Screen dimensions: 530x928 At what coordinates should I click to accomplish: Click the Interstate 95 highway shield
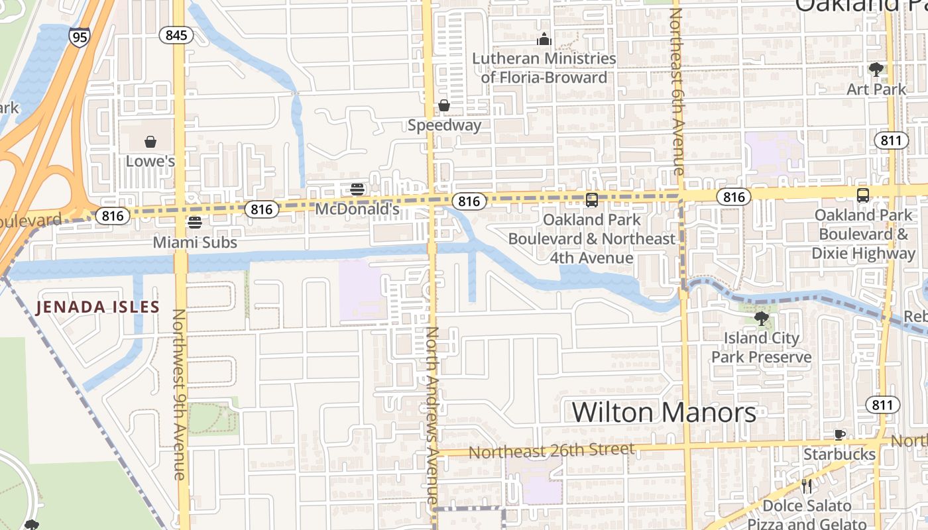[79, 36]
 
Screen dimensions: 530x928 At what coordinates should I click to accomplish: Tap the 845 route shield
[176, 35]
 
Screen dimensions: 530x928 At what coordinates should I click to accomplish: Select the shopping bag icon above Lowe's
[150, 142]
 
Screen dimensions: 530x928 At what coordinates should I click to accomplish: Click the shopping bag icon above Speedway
[443, 105]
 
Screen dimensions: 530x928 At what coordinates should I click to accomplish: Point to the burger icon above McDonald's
[357, 189]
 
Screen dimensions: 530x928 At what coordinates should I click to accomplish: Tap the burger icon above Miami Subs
[194, 222]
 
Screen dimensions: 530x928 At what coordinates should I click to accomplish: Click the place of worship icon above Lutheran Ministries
[544, 40]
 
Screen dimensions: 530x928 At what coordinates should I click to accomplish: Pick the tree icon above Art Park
[876, 70]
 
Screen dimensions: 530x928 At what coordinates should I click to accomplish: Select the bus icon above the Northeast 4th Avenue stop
[592, 199]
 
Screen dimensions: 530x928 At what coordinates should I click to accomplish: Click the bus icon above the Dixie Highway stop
[862, 195]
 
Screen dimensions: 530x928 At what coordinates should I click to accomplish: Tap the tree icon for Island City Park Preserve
[762, 319]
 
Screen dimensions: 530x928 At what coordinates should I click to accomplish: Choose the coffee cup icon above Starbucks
[839, 435]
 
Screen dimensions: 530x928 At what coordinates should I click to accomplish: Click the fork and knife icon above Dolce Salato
[807, 486]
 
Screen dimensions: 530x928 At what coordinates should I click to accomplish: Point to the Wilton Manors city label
[664, 412]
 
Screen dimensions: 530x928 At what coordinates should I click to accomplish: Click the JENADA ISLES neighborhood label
[97, 307]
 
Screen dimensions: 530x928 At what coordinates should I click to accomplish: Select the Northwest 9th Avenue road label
[179, 394]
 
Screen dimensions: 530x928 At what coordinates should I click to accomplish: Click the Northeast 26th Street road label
[551, 451]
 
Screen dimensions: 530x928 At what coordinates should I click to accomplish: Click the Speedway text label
[444, 125]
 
